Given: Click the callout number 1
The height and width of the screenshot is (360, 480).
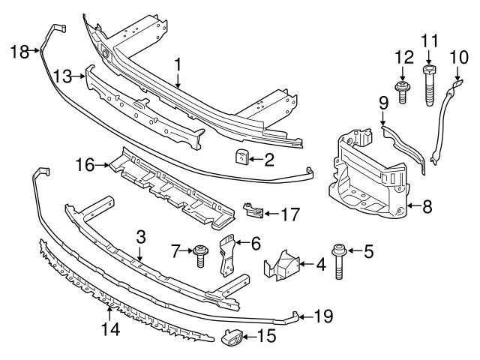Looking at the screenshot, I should point(178,66).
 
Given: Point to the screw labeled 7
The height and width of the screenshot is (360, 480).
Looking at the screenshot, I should point(201,256).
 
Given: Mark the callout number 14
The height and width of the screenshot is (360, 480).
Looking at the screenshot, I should point(110,328).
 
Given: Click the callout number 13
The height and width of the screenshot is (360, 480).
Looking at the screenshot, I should point(64,75).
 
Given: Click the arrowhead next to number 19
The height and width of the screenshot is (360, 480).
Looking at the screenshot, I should point(305,316).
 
